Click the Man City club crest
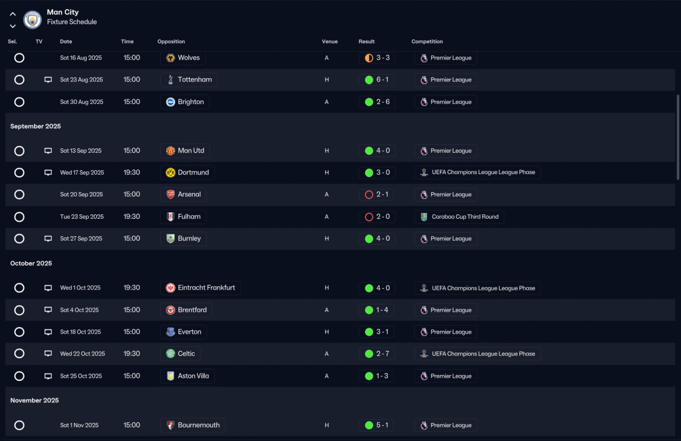32,20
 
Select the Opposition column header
171,41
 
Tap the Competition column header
427,41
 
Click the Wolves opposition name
189,58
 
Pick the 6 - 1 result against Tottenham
383,80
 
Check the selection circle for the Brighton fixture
19,102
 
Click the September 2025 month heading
36,126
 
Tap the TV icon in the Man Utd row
48,151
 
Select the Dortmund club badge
170,173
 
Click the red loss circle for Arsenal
369,195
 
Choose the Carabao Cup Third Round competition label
465,217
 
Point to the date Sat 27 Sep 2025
81,238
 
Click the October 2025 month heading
31,263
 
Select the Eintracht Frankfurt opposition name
206,287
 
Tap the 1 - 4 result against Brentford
382,310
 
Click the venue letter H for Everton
327,332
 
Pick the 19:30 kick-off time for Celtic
131,353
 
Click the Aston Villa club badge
170,376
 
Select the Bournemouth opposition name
199,425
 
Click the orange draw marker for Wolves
369,58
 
